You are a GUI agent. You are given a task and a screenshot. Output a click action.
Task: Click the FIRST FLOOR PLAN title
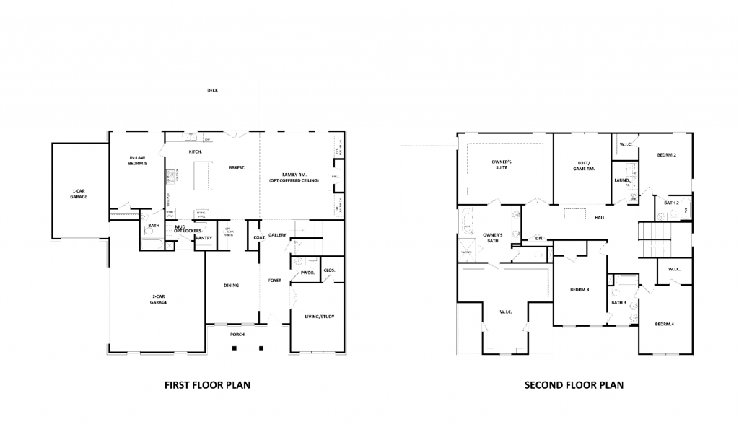[x=208, y=385]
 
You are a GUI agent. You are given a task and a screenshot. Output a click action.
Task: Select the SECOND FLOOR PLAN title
[x=574, y=385]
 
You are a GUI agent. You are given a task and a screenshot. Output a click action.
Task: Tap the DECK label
[x=212, y=91]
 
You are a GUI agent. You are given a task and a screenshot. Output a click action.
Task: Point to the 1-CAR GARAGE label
[x=79, y=193]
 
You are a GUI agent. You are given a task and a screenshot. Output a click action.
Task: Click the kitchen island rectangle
[x=204, y=174]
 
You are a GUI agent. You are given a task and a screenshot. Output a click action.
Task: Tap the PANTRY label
[x=204, y=237]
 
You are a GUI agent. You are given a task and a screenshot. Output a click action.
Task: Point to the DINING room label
[x=231, y=286]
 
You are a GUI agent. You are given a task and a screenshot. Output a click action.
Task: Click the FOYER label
[x=275, y=280]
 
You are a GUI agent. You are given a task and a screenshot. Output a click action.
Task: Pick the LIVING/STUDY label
[x=318, y=317]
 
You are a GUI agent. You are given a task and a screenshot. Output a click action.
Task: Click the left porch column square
[x=235, y=349]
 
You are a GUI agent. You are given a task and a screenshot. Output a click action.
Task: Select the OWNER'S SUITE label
[x=502, y=164]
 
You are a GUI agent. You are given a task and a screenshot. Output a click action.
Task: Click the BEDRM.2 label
[x=666, y=155]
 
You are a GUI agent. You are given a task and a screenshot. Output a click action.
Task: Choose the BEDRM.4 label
[x=664, y=325]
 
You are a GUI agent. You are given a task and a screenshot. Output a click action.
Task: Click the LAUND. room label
[x=622, y=180]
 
